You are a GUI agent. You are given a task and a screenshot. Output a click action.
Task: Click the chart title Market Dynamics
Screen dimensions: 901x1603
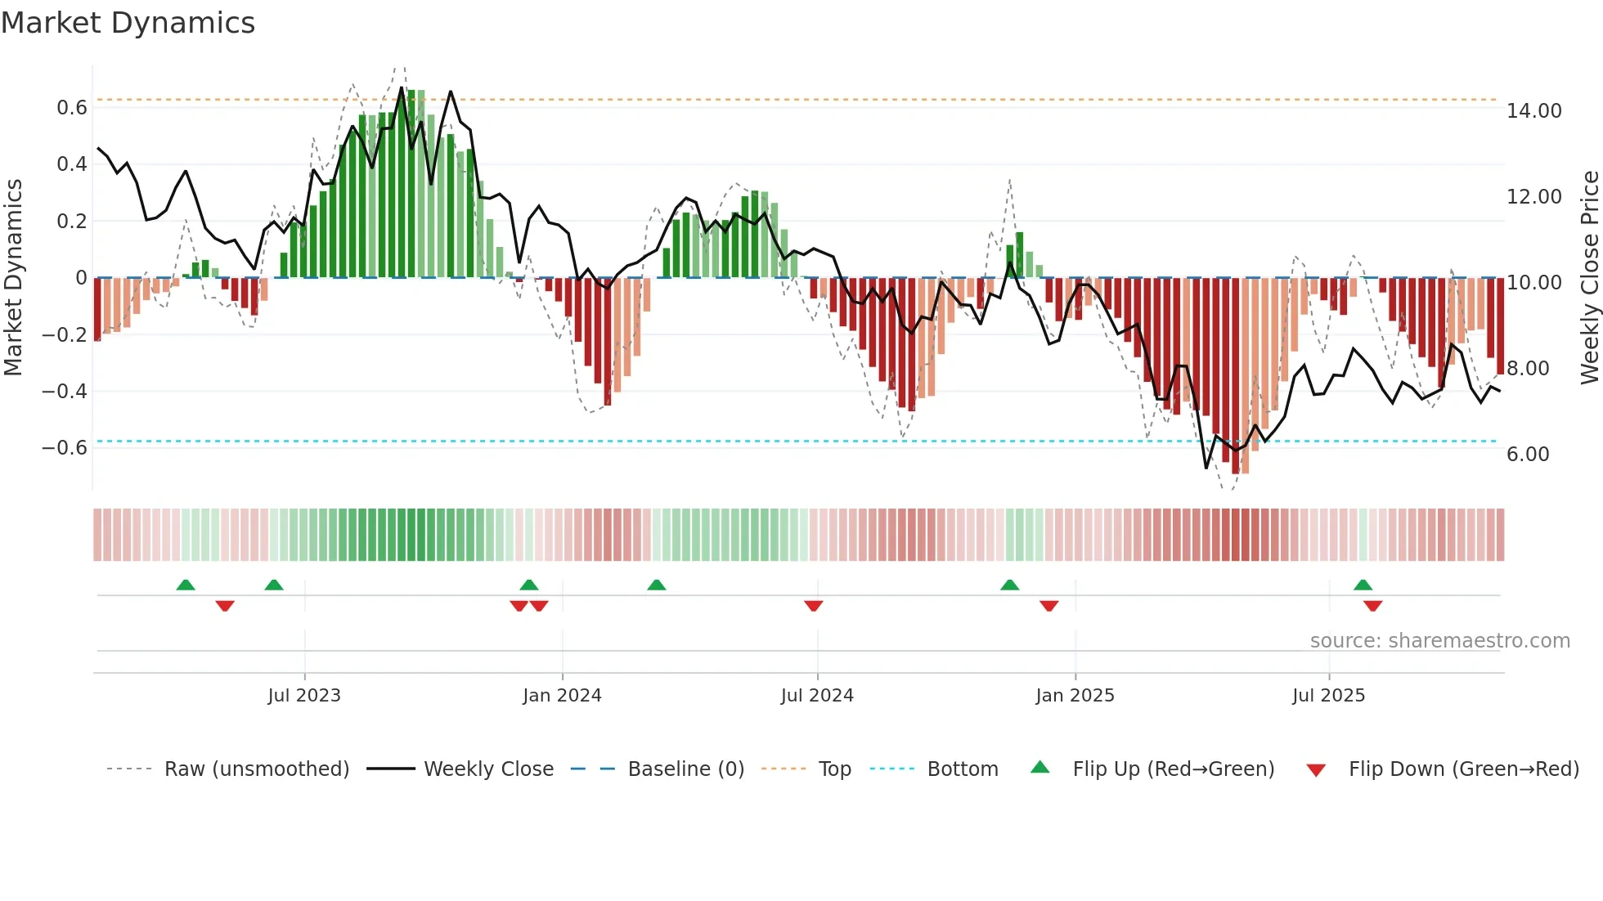pyautogui.click(x=128, y=23)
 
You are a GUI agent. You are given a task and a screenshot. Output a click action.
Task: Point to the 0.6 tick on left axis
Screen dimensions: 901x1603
pyautogui.click(x=72, y=108)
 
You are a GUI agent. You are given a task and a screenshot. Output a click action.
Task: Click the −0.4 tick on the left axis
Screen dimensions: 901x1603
pyautogui.click(x=65, y=391)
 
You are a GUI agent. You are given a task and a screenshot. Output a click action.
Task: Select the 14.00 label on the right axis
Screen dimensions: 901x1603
pyautogui.click(x=1533, y=111)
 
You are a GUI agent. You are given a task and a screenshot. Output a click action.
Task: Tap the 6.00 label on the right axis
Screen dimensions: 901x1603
pyautogui.click(x=1528, y=455)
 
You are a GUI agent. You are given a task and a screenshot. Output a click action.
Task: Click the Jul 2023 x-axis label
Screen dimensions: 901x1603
pyautogui.click(x=304, y=696)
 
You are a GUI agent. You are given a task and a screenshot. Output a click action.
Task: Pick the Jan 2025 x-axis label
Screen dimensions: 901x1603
pyautogui.click(x=1075, y=696)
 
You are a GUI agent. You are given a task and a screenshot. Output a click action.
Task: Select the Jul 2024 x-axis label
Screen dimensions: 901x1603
pyautogui.click(x=817, y=696)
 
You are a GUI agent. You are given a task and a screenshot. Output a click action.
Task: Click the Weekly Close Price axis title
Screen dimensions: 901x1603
pyautogui.click(x=1589, y=277)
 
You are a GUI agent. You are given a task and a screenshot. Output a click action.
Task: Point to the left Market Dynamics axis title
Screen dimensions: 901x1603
pyautogui.click(x=13, y=277)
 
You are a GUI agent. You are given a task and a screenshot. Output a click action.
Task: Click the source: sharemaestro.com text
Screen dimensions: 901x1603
pyautogui.click(x=1439, y=641)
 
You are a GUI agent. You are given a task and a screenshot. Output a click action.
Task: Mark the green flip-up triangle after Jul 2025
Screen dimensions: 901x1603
pyautogui.click(x=1363, y=585)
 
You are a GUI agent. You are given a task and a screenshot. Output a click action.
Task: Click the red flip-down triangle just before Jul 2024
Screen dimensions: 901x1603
pyautogui.click(x=813, y=606)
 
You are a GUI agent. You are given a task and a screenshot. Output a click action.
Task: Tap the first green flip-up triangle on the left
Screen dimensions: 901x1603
pyautogui.click(x=186, y=585)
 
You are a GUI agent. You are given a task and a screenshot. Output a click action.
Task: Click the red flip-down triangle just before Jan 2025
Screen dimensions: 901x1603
pyautogui.click(x=1048, y=606)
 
